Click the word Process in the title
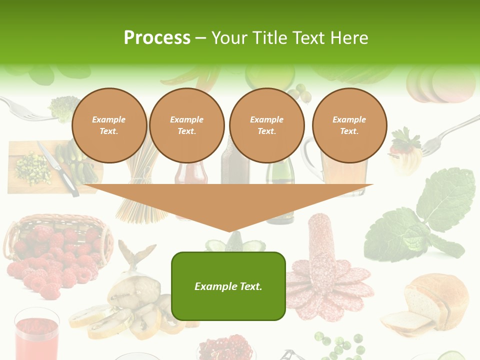tap(157, 38)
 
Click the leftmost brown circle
tap(109, 125)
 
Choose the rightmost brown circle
tap(349, 125)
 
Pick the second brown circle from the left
tap(187, 125)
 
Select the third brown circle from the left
tap(267, 125)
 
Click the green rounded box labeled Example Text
tap(228, 286)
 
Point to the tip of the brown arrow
tap(229, 231)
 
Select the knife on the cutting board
tap(59, 170)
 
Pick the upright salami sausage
tap(320, 240)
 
